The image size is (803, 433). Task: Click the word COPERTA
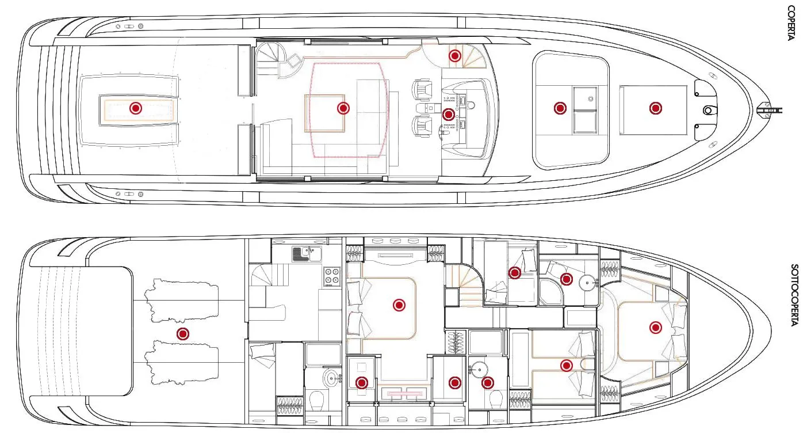pyautogui.click(x=791, y=23)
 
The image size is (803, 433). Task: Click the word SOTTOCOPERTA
pyautogui.click(x=794, y=295)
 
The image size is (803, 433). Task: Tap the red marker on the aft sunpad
pyautogui.click(x=136, y=108)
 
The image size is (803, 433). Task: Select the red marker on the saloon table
pyautogui.click(x=343, y=108)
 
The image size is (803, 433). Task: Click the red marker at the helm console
pyautogui.click(x=449, y=115)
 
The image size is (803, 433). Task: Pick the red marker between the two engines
pyautogui.click(x=183, y=334)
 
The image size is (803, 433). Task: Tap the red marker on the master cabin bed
pyautogui.click(x=399, y=305)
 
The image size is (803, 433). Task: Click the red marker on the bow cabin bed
pyautogui.click(x=656, y=328)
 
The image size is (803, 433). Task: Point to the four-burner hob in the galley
pyautogui.click(x=332, y=276)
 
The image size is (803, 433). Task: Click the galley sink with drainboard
pyautogui.click(x=307, y=254)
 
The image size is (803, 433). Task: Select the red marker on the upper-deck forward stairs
pyautogui.click(x=455, y=56)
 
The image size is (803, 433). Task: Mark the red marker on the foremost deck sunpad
pyautogui.click(x=656, y=108)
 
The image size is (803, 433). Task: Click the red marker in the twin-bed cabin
pyautogui.click(x=567, y=366)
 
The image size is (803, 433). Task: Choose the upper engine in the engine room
pyautogui.click(x=181, y=301)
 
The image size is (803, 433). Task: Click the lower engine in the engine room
pyautogui.click(x=181, y=363)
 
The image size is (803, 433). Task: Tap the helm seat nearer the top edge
pyautogui.click(x=422, y=90)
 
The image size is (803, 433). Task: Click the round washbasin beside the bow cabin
pyautogui.click(x=587, y=283)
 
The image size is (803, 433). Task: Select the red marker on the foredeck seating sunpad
pyautogui.click(x=560, y=108)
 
